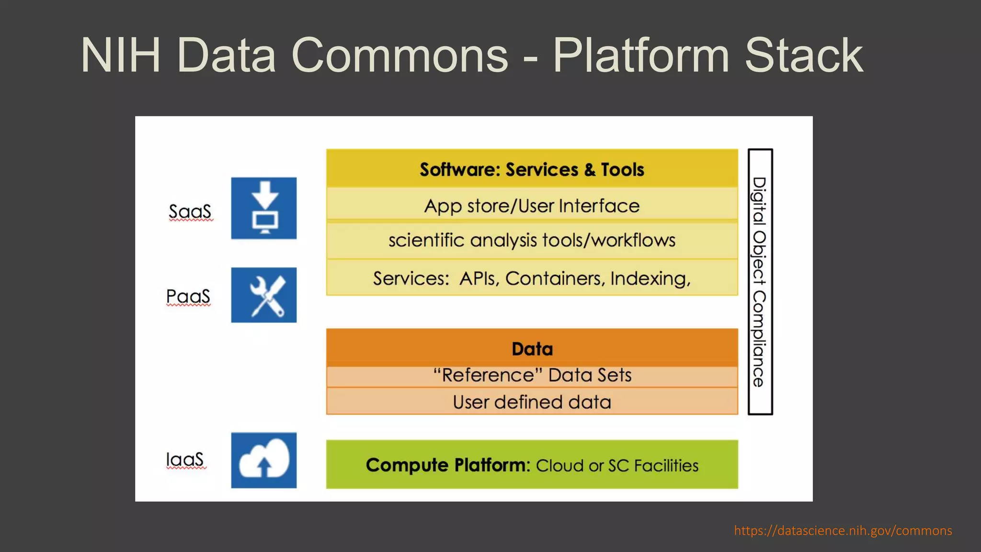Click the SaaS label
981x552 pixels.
[x=190, y=212]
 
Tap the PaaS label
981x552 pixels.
[x=188, y=297]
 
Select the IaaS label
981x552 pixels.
[x=185, y=460]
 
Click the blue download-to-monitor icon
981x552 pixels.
[x=264, y=208]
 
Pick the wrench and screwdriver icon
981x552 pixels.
[x=264, y=295]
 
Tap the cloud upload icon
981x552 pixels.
[x=264, y=460]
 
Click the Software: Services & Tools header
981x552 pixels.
[x=532, y=170]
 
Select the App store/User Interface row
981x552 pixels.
[x=532, y=206]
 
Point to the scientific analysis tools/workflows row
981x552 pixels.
[x=532, y=240]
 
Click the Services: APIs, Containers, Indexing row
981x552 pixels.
[x=532, y=278]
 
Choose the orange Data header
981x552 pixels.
[x=532, y=349]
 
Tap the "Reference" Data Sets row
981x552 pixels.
[x=532, y=375]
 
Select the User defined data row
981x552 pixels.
[x=532, y=402]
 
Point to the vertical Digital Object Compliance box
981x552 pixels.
[x=760, y=282]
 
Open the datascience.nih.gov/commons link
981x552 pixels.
[x=843, y=530]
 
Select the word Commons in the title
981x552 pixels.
[x=399, y=56]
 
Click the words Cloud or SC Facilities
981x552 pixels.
[x=617, y=466]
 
